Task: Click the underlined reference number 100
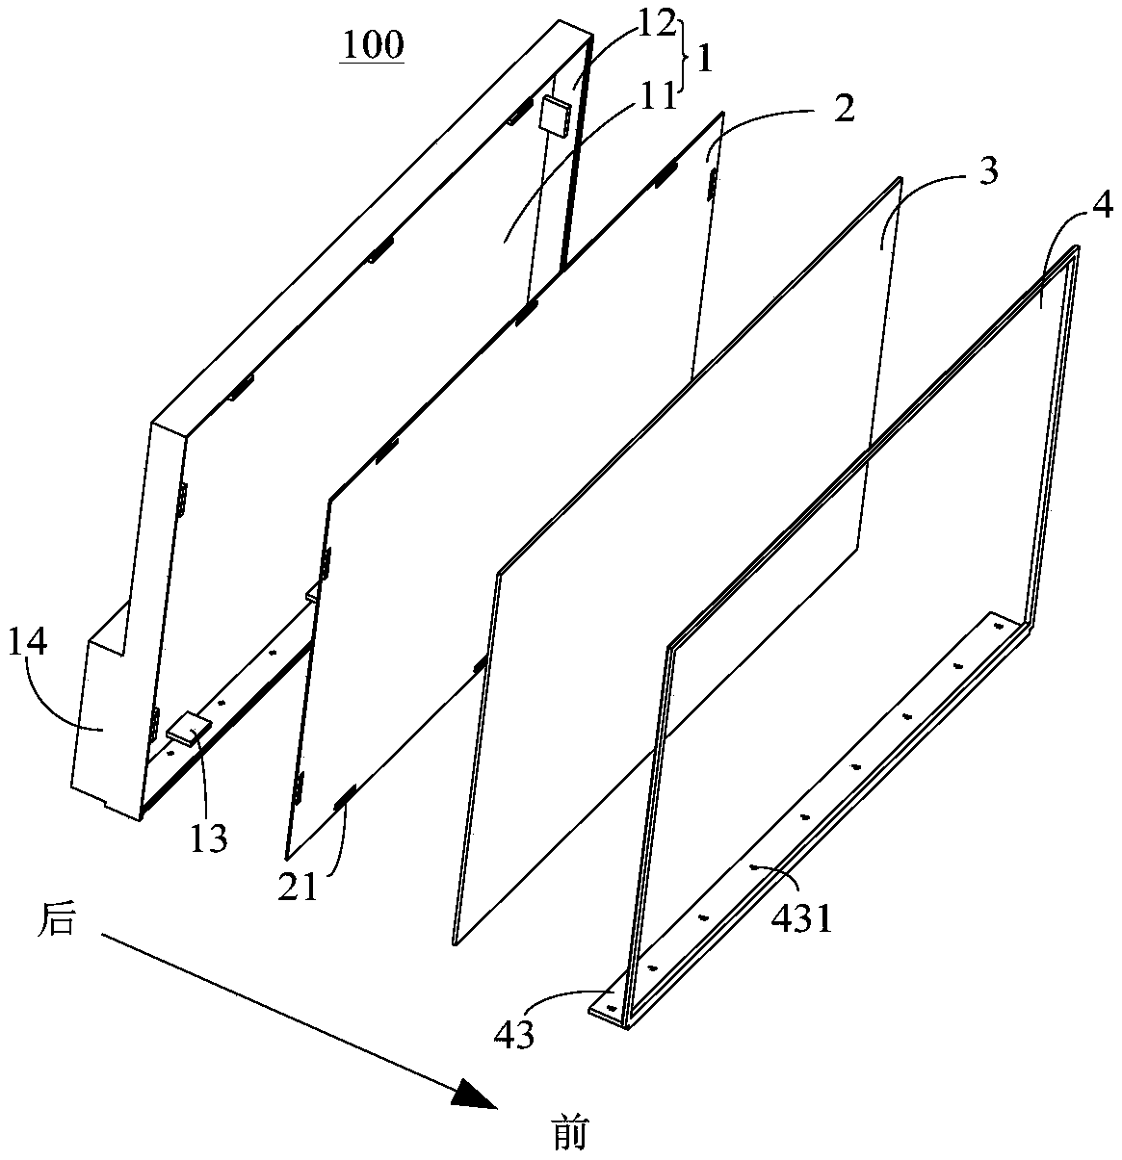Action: pyautogui.click(x=371, y=45)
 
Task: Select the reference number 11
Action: pyautogui.click(x=660, y=97)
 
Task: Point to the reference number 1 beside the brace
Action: pyautogui.click(x=705, y=60)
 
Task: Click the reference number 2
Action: pyautogui.click(x=844, y=108)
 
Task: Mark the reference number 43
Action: pyautogui.click(x=513, y=1035)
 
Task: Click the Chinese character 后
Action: pyautogui.click(x=55, y=920)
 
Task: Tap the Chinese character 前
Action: pyautogui.click(x=570, y=1134)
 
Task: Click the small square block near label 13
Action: pyautogui.click(x=189, y=728)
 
